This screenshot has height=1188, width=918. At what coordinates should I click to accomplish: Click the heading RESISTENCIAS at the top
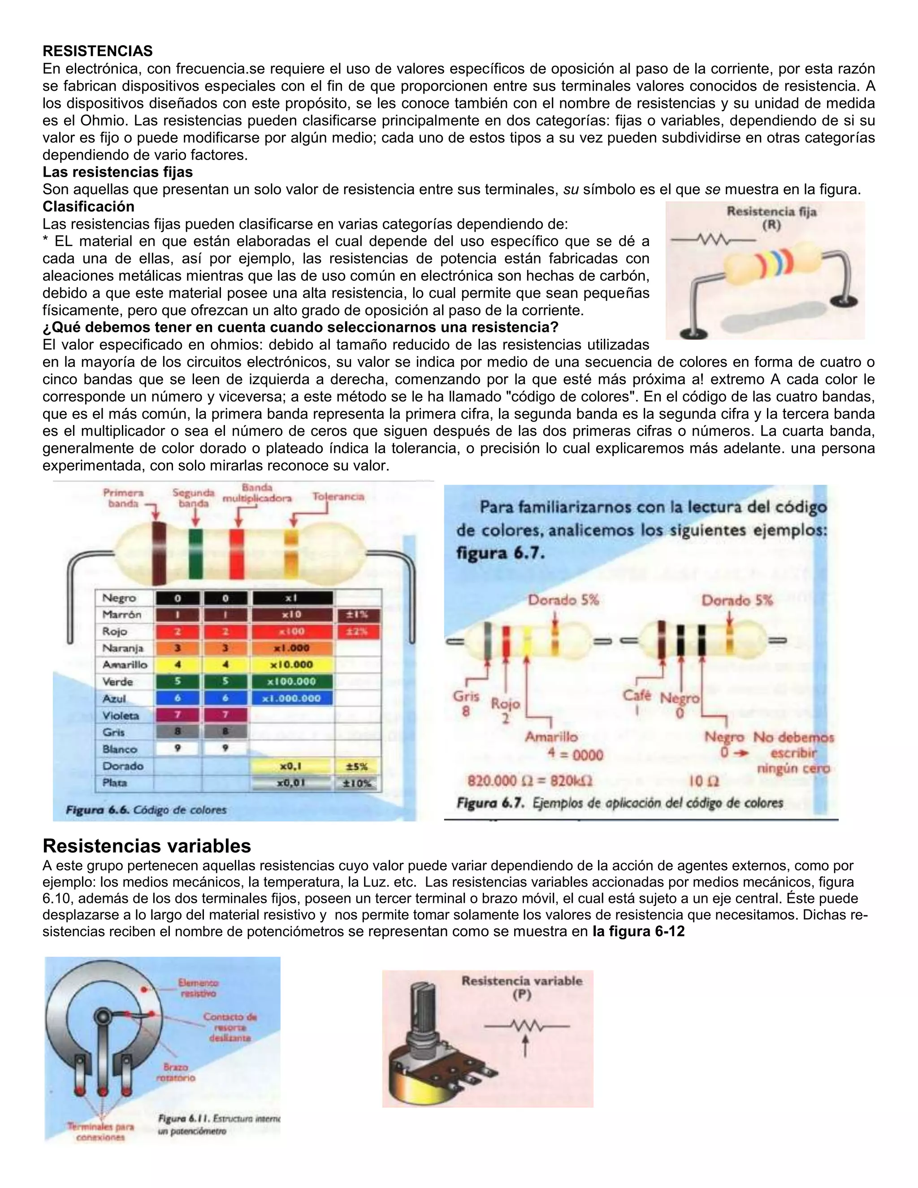(97, 51)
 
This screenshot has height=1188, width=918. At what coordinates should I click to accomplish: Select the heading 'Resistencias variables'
(147, 845)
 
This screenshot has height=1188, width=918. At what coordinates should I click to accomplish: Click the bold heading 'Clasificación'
(88, 207)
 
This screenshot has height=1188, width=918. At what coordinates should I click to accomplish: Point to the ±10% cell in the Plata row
(357, 783)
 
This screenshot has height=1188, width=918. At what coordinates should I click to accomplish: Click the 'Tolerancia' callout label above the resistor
(338, 497)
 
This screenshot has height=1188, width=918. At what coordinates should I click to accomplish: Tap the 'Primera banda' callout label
(123, 498)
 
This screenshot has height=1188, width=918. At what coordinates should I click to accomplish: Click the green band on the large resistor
(195, 553)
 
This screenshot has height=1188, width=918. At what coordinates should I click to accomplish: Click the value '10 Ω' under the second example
(704, 781)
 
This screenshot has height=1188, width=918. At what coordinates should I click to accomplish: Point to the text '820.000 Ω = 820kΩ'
(530, 781)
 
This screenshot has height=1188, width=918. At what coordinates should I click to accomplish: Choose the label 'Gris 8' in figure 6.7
(466, 703)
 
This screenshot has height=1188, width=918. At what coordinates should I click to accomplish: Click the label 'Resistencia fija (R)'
(771, 217)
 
